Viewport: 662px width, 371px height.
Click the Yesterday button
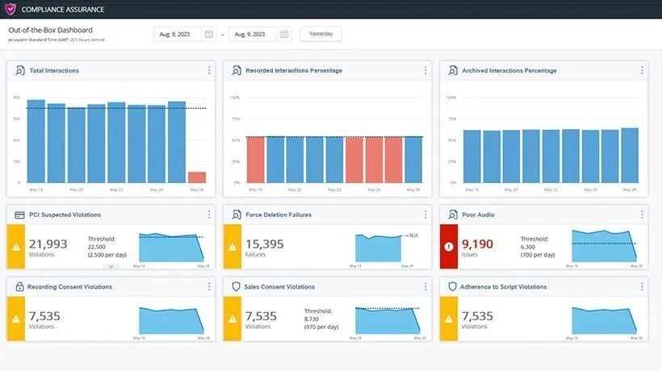[x=321, y=34]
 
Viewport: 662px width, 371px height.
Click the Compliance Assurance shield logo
[x=10, y=9]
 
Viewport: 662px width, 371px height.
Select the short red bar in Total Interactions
[x=196, y=177]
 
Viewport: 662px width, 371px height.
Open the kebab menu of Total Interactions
[x=209, y=70]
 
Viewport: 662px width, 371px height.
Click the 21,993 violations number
[x=48, y=244]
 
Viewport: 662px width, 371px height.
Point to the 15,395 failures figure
[x=265, y=244]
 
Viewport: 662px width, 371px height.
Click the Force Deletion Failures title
[x=279, y=215]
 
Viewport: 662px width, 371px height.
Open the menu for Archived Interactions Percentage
[x=642, y=70]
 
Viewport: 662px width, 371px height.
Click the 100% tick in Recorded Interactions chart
[x=235, y=98]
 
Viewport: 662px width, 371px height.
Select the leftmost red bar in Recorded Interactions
[x=255, y=160]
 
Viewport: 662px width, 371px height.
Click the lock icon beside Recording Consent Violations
[x=19, y=286]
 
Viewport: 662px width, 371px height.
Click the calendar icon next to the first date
[x=209, y=34]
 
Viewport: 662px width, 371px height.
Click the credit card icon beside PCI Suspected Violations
[x=19, y=215]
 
